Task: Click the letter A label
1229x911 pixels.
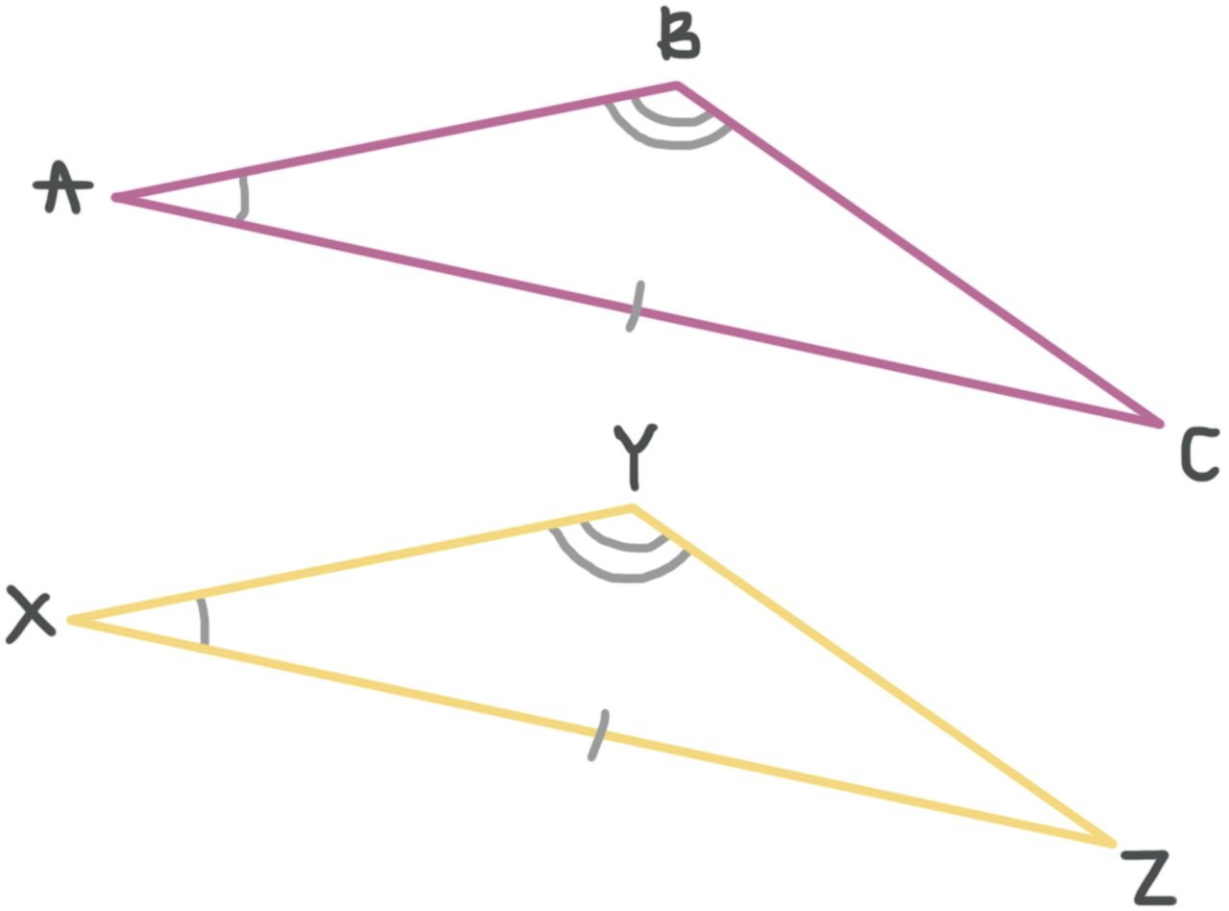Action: coord(60,188)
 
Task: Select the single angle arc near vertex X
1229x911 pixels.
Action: coord(203,622)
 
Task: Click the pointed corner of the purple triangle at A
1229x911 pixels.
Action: coord(116,197)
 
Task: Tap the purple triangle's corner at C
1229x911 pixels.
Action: coord(1160,424)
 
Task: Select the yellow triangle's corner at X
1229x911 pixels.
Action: coord(70,620)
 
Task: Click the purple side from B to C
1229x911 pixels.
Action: coord(922,255)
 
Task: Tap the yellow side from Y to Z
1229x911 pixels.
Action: coord(874,673)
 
